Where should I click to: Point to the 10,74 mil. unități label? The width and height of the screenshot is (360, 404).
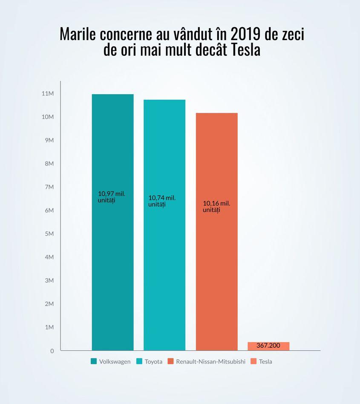[162, 201]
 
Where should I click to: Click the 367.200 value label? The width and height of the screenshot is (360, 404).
[268, 345]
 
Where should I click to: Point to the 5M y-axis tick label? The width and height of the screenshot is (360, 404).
[49, 234]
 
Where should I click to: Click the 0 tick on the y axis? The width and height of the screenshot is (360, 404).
[52, 351]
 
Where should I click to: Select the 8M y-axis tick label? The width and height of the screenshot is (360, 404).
[49, 164]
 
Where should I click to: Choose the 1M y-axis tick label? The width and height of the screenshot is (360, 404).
[49, 327]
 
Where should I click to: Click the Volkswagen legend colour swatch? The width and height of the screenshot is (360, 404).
[94, 361]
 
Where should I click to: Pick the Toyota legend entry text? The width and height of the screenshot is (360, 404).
[153, 361]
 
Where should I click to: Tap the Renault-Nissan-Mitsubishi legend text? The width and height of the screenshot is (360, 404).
[210, 361]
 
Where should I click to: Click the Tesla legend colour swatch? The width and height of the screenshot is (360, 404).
[253, 361]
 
